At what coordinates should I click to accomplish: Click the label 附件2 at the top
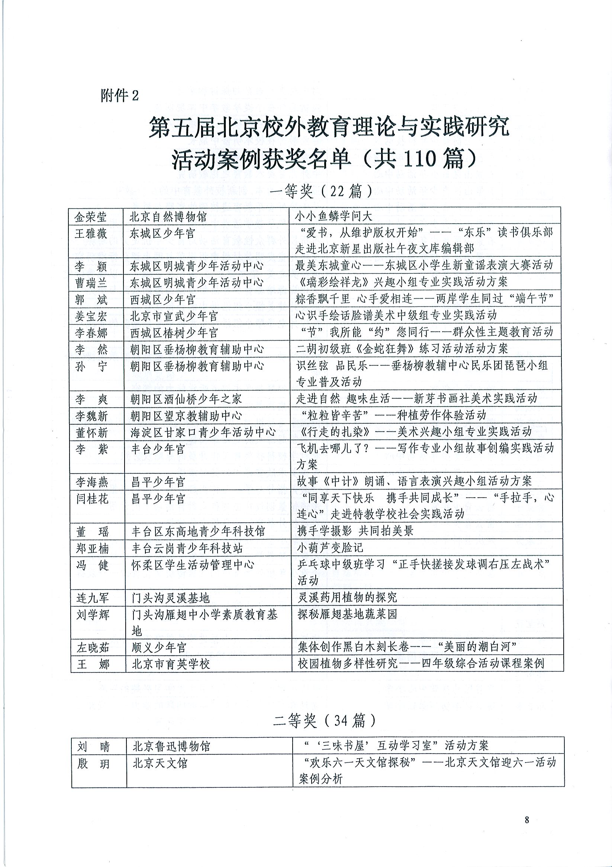click(x=119, y=96)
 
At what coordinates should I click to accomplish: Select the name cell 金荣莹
click(x=91, y=217)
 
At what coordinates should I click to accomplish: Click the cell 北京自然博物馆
click(x=168, y=217)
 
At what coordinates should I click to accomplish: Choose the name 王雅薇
click(x=91, y=234)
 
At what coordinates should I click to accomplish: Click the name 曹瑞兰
click(x=91, y=283)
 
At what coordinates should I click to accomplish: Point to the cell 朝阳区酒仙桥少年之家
click(x=186, y=399)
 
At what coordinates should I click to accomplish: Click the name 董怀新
click(x=92, y=433)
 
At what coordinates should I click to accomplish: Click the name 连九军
click(x=93, y=598)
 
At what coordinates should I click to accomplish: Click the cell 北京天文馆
click(x=160, y=763)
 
